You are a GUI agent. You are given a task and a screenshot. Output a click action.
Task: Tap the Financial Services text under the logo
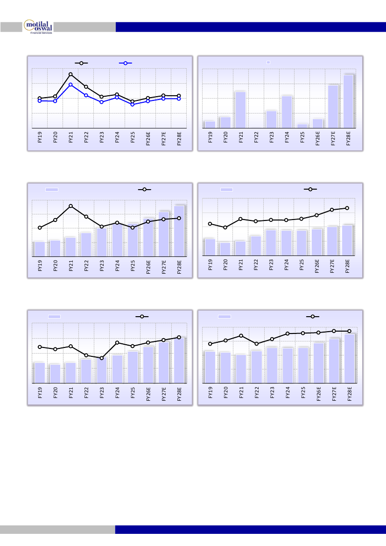[x=41, y=34]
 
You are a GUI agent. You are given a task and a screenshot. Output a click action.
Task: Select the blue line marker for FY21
[x=70, y=85]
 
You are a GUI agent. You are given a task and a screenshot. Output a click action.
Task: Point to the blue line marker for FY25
[x=133, y=104]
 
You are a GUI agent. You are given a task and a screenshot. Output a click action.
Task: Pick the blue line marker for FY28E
[x=179, y=99]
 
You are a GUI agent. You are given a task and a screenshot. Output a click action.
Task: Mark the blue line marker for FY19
[x=40, y=100]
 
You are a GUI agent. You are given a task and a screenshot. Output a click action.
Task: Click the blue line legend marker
[x=125, y=63]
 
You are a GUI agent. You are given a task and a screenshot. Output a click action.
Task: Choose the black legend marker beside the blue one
[x=82, y=63]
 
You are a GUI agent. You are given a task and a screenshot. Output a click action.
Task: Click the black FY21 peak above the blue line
[x=70, y=74]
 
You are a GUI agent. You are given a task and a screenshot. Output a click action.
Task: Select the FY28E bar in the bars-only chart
[x=348, y=101]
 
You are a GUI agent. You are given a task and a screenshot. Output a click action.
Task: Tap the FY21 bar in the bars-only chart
[x=240, y=109]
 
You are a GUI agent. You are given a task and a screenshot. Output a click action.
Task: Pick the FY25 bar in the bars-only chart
[x=302, y=126]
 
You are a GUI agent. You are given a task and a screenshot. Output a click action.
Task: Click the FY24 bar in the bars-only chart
[x=287, y=112]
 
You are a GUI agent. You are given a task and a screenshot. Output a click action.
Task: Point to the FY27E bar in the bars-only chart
[x=333, y=106]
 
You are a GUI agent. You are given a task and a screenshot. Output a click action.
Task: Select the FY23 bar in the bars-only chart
[x=271, y=119]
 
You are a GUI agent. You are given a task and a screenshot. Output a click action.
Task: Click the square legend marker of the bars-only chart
[x=268, y=62]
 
